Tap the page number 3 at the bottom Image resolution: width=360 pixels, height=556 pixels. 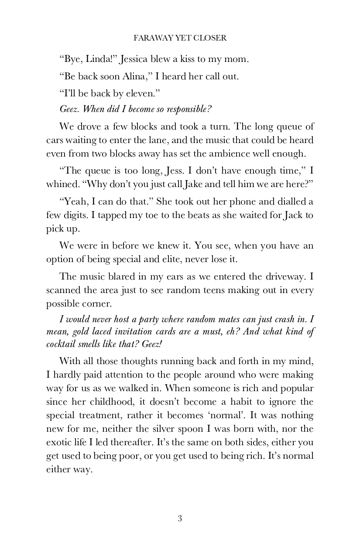click(180, 518)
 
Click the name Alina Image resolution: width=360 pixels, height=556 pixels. click(132, 77)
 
